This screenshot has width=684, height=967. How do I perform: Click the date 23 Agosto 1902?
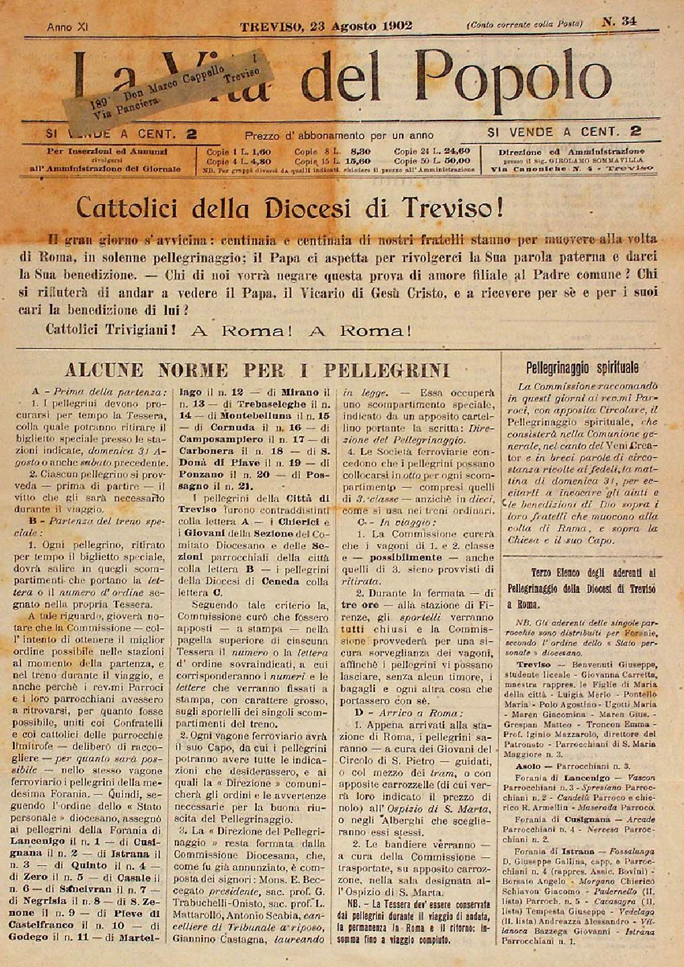[359, 26]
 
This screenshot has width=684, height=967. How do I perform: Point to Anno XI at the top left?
[67, 27]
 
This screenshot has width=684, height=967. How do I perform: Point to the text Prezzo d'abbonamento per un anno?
[339, 135]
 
